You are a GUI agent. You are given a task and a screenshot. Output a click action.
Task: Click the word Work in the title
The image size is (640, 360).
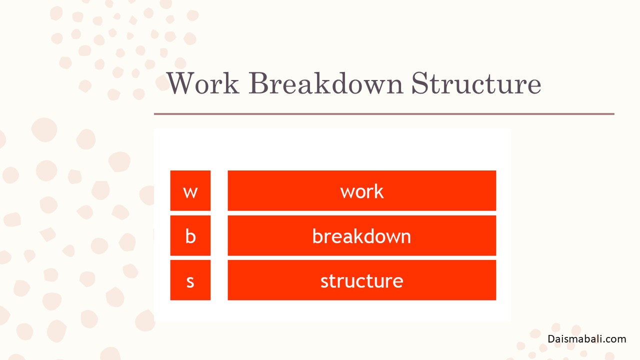[203, 83]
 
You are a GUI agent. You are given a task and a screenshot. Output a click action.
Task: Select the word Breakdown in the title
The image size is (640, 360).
[326, 83]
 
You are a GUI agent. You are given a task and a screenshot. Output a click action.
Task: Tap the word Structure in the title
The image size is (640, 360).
[476, 83]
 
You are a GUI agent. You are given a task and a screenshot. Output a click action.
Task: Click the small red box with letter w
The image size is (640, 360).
[190, 190]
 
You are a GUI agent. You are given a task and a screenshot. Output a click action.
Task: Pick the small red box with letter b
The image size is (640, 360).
[190, 235]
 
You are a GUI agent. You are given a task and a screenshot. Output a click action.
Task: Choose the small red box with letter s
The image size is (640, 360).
[190, 280]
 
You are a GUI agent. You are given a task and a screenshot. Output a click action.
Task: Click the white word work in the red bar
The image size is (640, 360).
[361, 191]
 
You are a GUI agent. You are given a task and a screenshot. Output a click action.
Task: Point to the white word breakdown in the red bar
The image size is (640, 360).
[361, 236]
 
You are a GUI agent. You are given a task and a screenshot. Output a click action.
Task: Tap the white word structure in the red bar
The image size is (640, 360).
[361, 281]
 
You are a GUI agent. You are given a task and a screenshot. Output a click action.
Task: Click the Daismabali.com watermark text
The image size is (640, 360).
[587, 339]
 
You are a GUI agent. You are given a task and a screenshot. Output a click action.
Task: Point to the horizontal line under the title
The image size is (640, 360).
[384, 114]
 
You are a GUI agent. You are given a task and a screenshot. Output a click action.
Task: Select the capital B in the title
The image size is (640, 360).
[258, 83]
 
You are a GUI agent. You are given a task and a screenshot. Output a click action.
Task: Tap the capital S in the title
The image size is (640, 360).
[419, 83]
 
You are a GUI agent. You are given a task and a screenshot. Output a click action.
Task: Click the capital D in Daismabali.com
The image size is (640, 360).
[551, 339]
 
